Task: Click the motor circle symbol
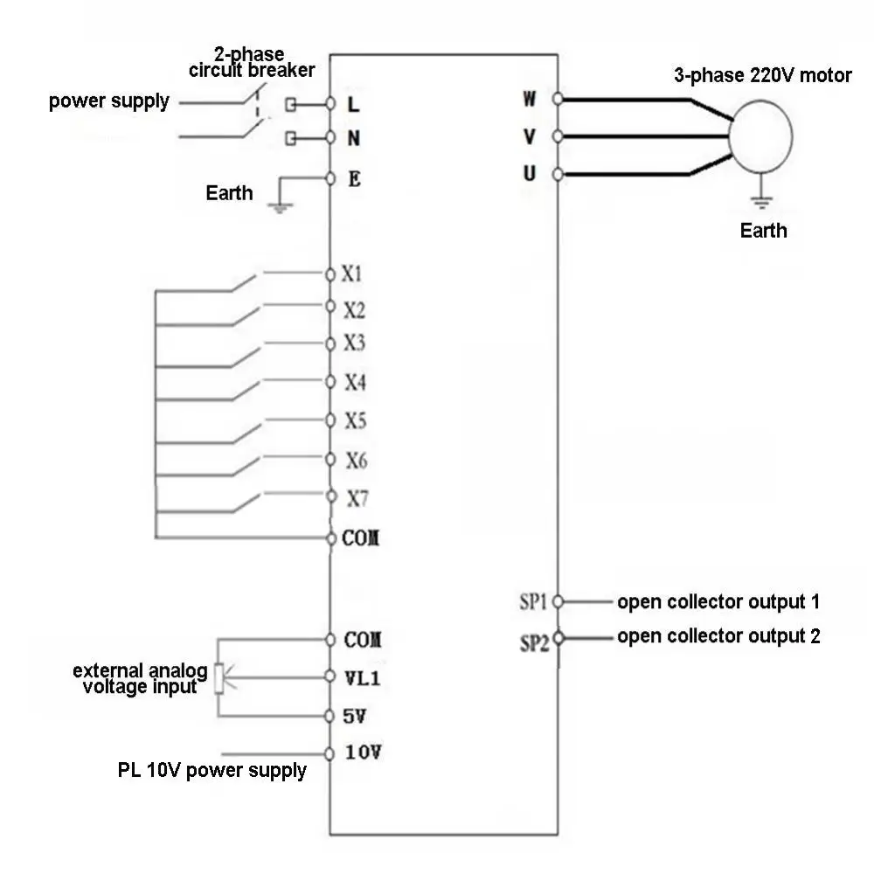[x=760, y=136]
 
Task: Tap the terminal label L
[x=353, y=104]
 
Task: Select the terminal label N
[x=354, y=138]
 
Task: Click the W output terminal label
[x=530, y=99]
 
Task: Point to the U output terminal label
[x=530, y=174]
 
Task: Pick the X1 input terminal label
[x=351, y=274]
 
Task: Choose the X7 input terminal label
[x=357, y=499]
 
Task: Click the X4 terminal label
[x=355, y=382]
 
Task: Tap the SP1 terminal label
[x=533, y=601]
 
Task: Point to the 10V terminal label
[x=363, y=753]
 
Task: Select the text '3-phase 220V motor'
[x=762, y=75]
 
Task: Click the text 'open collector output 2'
[x=718, y=636]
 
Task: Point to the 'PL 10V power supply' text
[x=212, y=771]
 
